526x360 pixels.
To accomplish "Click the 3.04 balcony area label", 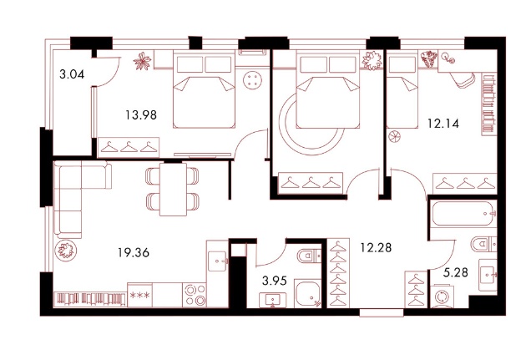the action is pyautogui.click(x=72, y=74).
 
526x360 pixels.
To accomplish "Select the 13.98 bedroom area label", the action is pyautogui.click(x=141, y=115).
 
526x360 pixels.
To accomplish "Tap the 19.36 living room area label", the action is pyautogui.click(x=134, y=252).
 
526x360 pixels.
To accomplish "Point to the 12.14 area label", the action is pyautogui.click(x=443, y=124).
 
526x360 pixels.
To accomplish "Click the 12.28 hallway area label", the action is pyautogui.click(x=376, y=247).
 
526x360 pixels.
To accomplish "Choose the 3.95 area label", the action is pyautogui.click(x=275, y=281).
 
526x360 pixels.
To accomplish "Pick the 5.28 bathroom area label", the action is pyautogui.click(x=456, y=272).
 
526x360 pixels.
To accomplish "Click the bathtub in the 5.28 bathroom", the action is pyautogui.click(x=464, y=214).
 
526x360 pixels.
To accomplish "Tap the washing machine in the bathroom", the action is pyautogui.click(x=443, y=297).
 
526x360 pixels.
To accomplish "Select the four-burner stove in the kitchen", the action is pyautogui.click(x=195, y=295).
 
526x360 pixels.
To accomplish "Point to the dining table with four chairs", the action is pyautogui.click(x=173, y=190).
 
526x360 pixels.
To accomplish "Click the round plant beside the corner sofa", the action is pyautogui.click(x=66, y=251).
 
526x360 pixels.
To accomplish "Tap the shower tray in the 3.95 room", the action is pyautogui.click(x=307, y=293).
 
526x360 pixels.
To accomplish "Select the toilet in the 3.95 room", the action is pyautogui.click(x=310, y=256).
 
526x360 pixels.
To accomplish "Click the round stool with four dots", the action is pyautogui.click(x=253, y=80).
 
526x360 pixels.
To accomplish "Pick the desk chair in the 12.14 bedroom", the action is pyautogui.click(x=463, y=80).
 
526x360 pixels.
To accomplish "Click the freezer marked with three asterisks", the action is pyautogui.click(x=140, y=295).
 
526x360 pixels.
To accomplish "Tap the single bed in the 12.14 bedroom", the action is pyautogui.click(x=402, y=93).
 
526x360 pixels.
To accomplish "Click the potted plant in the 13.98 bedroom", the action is pyautogui.click(x=143, y=61).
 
